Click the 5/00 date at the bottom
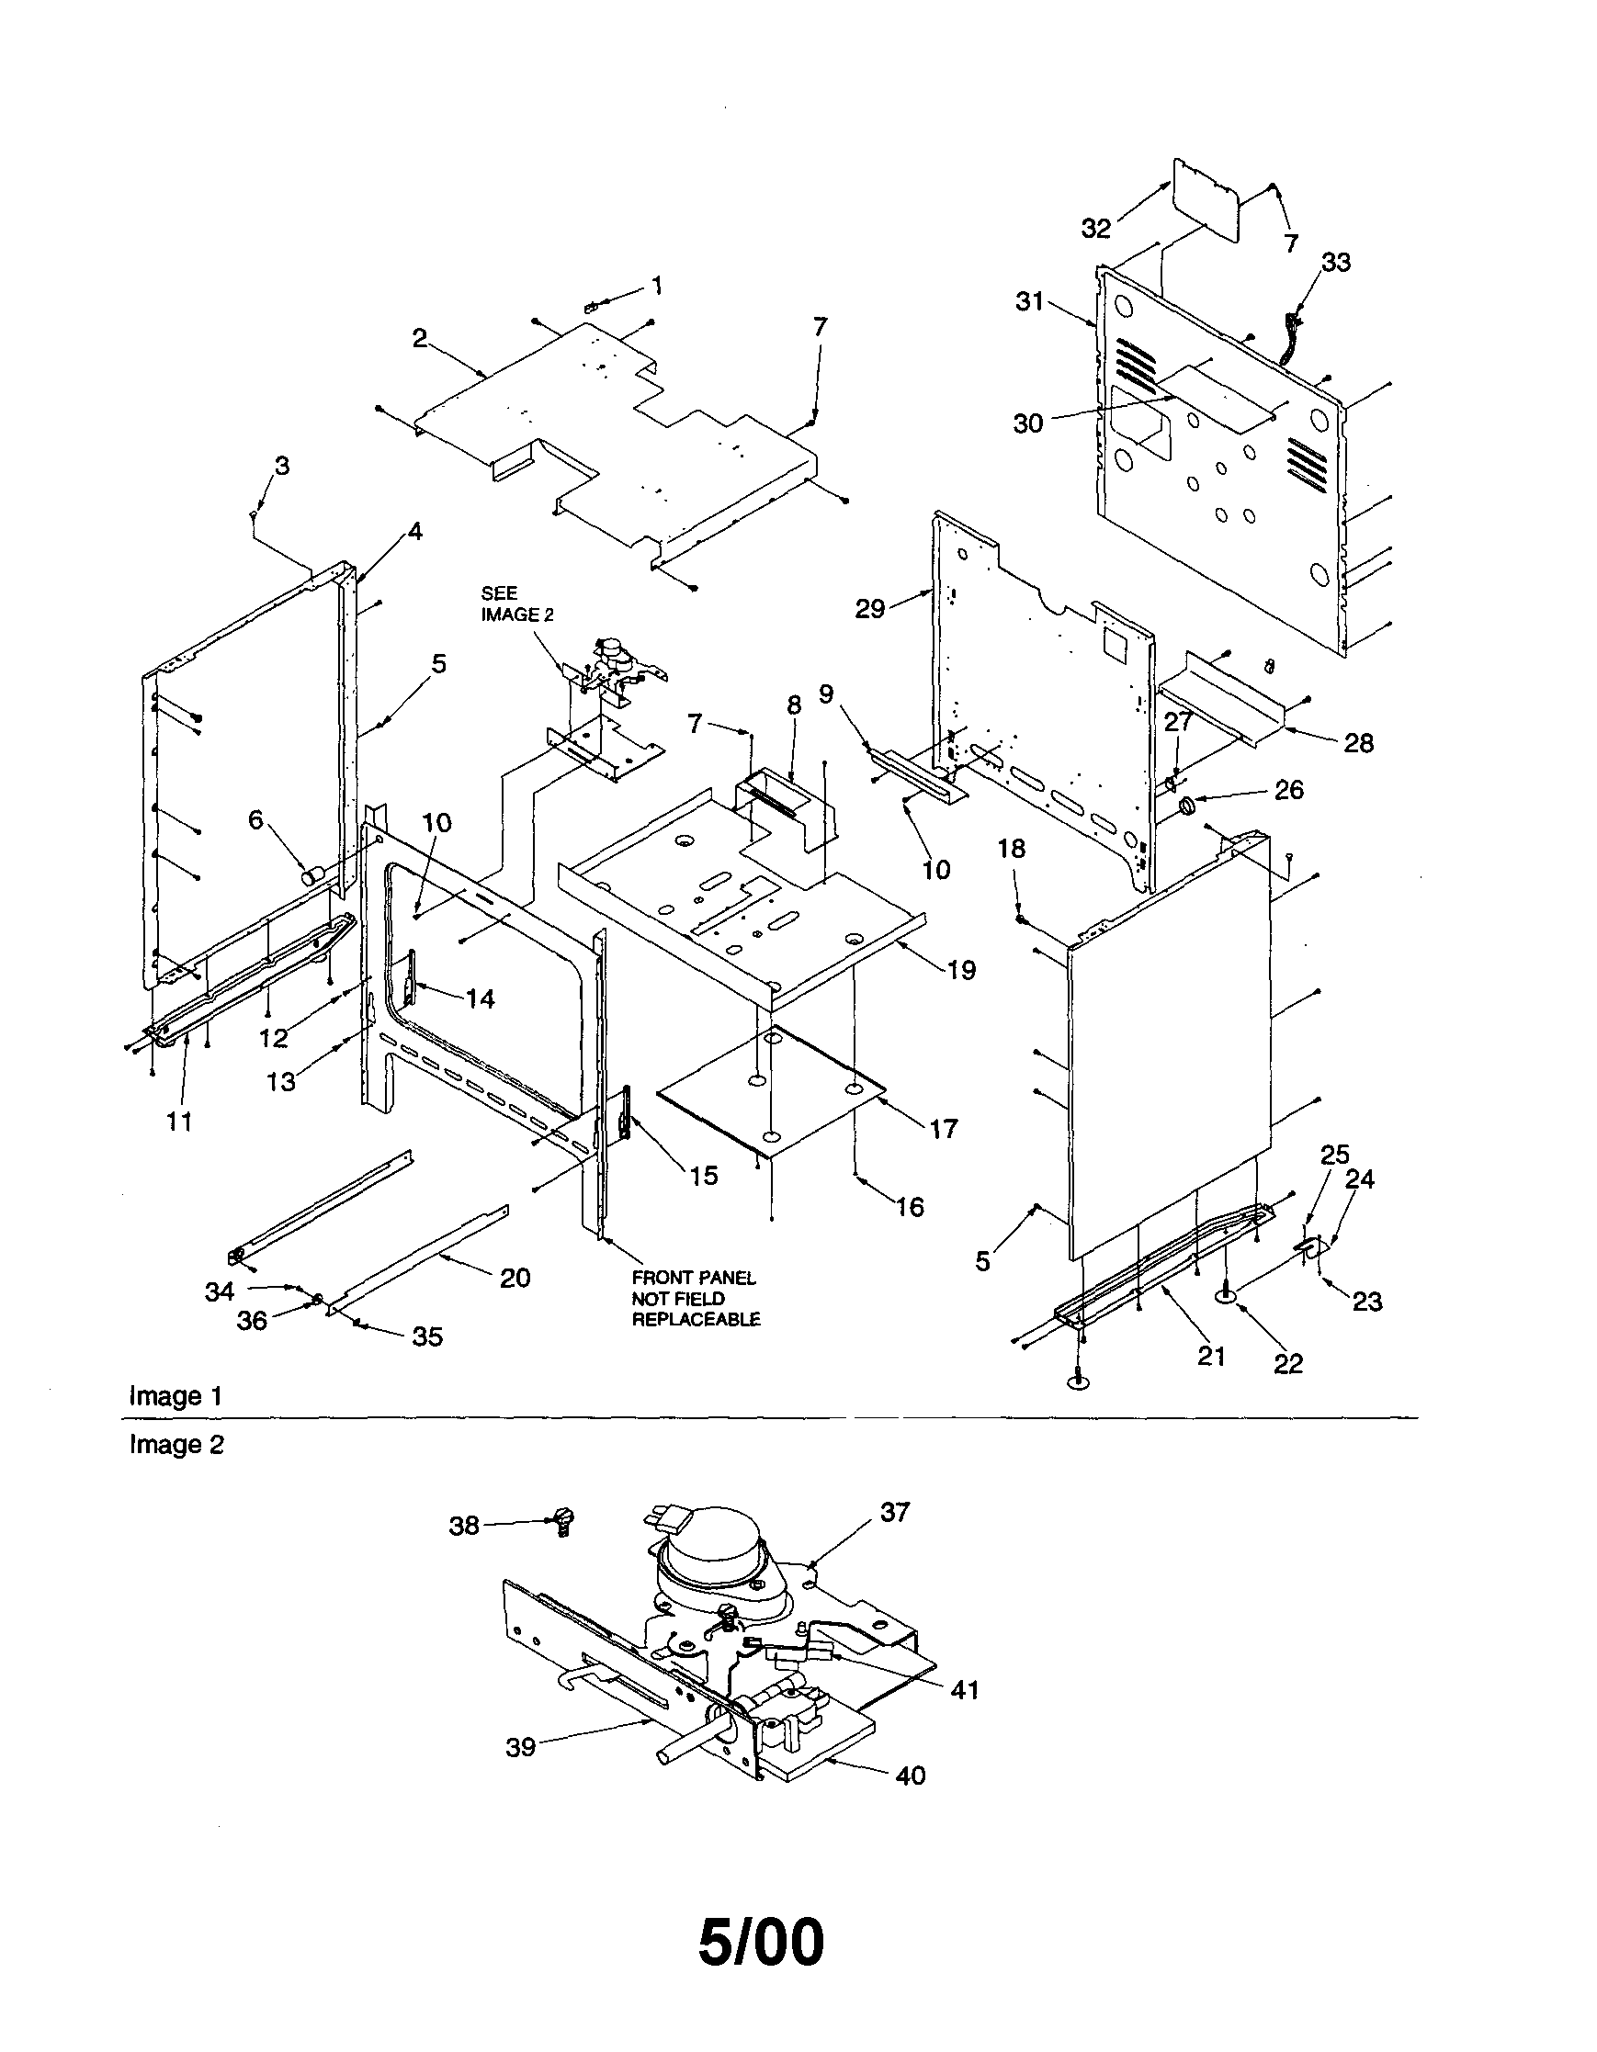point(762,1942)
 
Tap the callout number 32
point(1096,229)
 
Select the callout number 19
point(961,970)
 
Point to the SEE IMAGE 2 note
point(516,603)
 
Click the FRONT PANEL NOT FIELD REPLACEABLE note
point(695,1299)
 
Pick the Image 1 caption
point(176,1396)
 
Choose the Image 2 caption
point(176,1444)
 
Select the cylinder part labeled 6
point(311,876)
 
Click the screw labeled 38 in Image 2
point(565,1519)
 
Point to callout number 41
point(965,1690)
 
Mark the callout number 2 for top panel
point(420,338)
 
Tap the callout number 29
point(870,609)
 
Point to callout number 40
point(911,1776)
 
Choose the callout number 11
point(179,1121)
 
